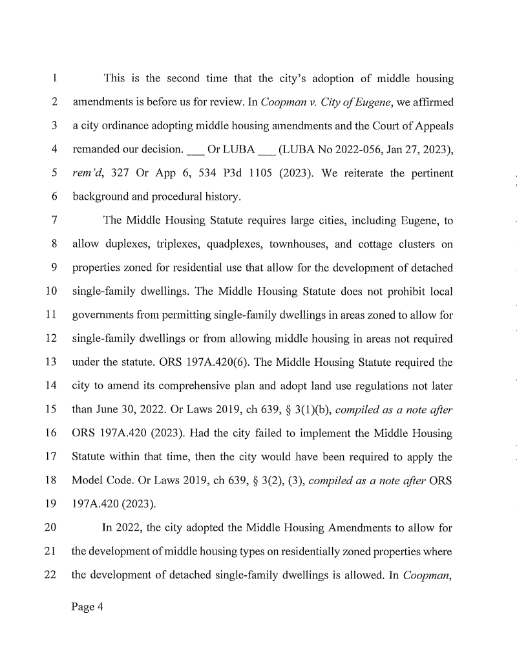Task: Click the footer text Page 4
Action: click(x=88, y=608)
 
